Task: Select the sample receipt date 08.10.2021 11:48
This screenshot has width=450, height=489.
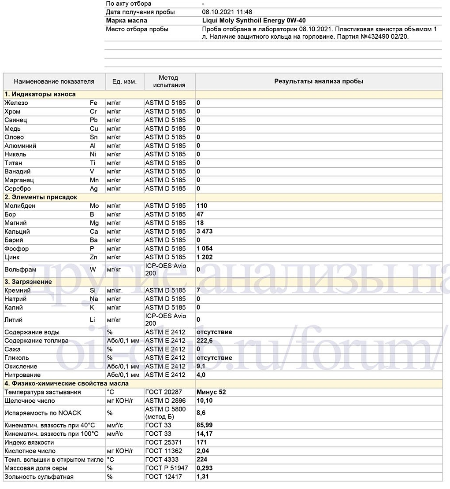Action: (x=227, y=12)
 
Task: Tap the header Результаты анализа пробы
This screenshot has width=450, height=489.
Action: (x=319, y=81)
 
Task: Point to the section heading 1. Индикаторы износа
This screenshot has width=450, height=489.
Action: (x=40, y=94)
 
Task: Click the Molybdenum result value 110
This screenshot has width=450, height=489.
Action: (x=202, y=206)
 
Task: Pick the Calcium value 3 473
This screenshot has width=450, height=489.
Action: (x=205, y=232)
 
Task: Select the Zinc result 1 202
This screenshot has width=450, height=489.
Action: (x=205, y=257)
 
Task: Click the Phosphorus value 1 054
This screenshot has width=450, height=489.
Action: (x=205, y=249)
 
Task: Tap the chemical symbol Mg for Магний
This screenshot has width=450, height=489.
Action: (x=94, y=223)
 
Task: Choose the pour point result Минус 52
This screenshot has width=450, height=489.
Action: (x=211, y=392)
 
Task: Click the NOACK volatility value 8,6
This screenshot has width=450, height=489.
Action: (x=201, y=413)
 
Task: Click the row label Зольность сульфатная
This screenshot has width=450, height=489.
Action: (x=39, y=477)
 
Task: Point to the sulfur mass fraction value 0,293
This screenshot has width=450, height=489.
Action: (x=205, y=468)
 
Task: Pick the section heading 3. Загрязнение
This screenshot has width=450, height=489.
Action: (x=28, y=282)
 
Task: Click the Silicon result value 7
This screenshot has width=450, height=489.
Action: (x=198, y=290)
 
